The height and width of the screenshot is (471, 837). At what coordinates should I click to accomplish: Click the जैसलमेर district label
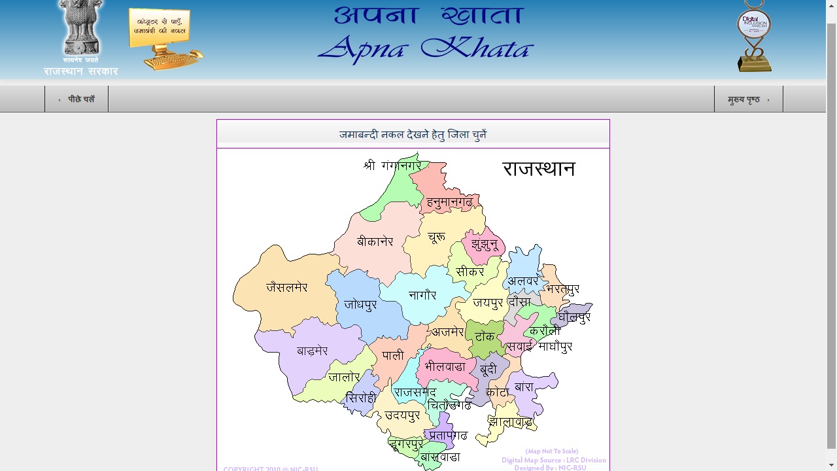(x=286, y=287)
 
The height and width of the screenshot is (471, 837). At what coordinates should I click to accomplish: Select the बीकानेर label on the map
(x=375, y=242)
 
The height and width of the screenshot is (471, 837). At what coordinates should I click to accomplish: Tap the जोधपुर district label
(x=360, y=305)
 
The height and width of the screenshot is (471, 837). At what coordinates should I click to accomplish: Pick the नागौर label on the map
(x=422, y=295)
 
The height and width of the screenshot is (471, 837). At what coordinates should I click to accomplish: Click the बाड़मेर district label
(x=312, y=351)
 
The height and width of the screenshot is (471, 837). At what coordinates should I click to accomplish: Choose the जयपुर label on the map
(x=488, y=303)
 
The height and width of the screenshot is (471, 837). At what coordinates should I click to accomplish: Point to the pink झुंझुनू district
(x=485, y=245)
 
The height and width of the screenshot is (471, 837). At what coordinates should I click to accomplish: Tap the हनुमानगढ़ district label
(x=450, y=203)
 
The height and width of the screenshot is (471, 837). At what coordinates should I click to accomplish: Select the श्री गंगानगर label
(x=392, y=166)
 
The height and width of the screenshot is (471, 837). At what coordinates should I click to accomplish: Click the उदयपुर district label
(x=402, y=415)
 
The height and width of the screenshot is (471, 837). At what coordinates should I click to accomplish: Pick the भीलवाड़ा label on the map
(x=445, y=367)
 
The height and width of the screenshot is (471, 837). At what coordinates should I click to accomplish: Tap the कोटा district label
(x=497, y=392)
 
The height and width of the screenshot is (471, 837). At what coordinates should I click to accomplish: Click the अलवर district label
(x=523, y=281)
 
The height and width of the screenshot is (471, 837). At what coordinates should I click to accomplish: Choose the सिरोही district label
(x=361, y=398)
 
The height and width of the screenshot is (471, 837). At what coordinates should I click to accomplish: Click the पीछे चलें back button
(x=77, y=99)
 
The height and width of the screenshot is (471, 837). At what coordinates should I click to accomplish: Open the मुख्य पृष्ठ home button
(x=748, y=99)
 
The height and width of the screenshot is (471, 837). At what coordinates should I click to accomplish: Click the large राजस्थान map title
(x=538, y=169)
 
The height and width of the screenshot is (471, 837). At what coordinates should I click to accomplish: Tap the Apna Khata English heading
(x=426, y=48)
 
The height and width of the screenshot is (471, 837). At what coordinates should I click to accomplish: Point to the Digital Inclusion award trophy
(x=754, y=36)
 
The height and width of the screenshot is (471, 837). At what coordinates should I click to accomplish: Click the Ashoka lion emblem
(x=81, y=29)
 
